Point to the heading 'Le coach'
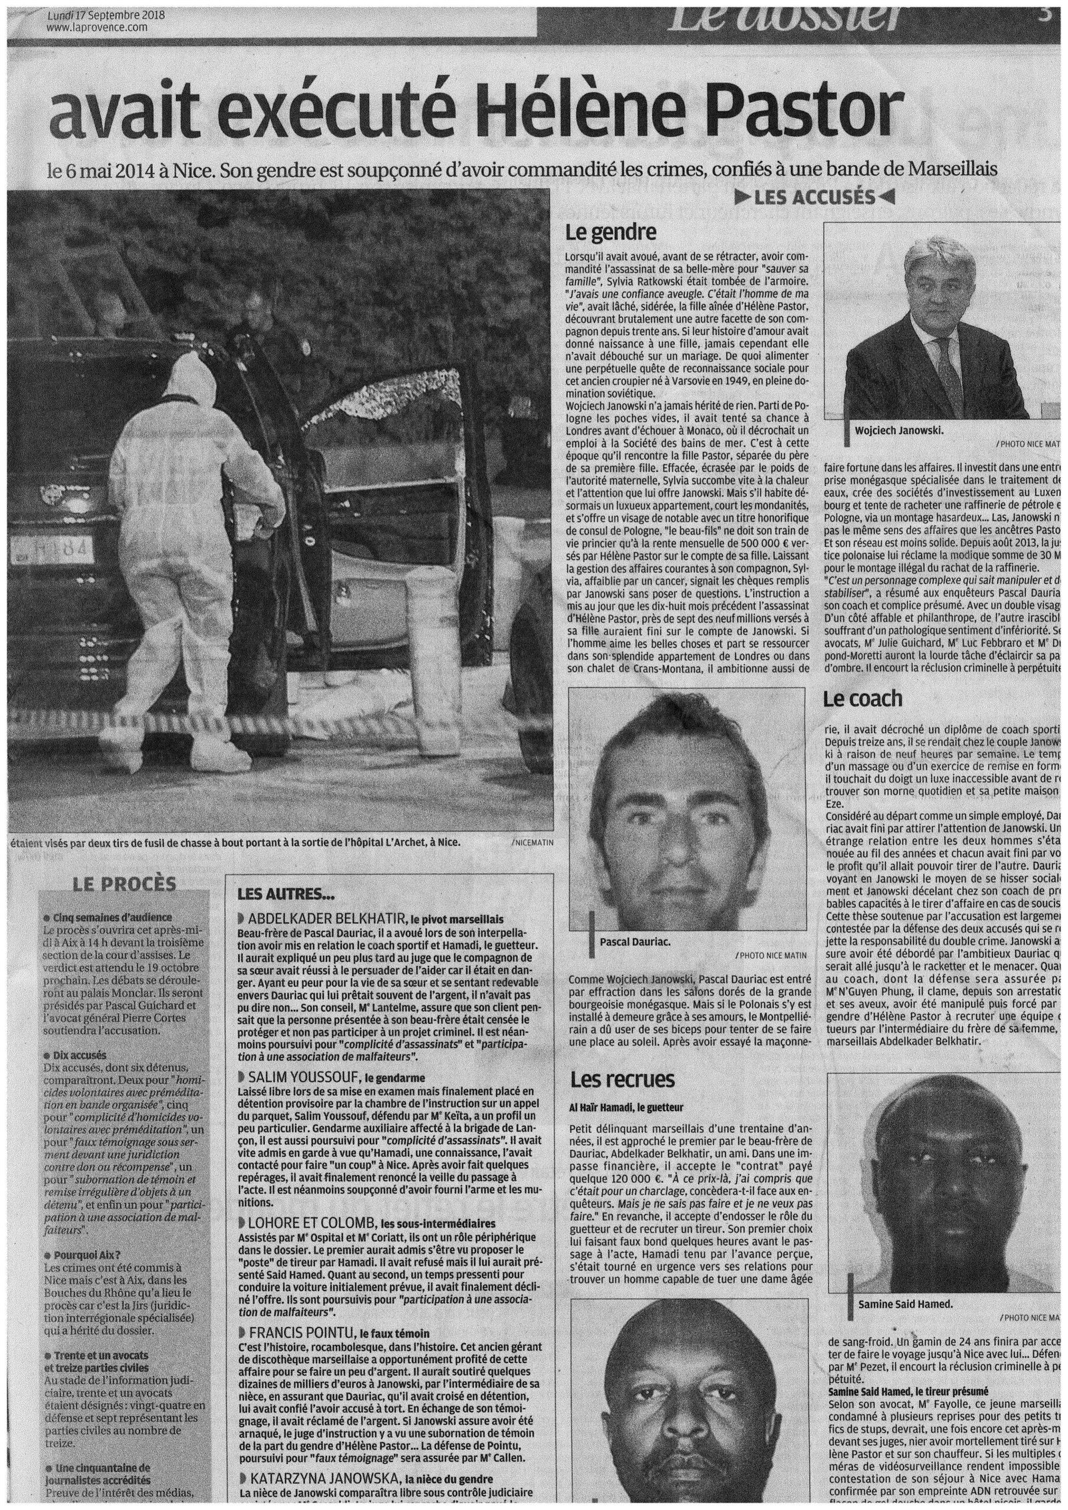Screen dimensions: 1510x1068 coord(862,698)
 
